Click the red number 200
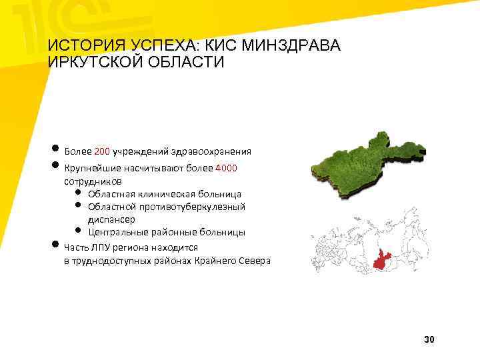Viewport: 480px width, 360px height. (103, 151)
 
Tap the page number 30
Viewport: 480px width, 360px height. (429, 340)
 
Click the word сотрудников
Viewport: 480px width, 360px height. (93, 181)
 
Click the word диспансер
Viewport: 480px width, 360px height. (111, 219)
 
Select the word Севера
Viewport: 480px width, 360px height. (254, 261)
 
